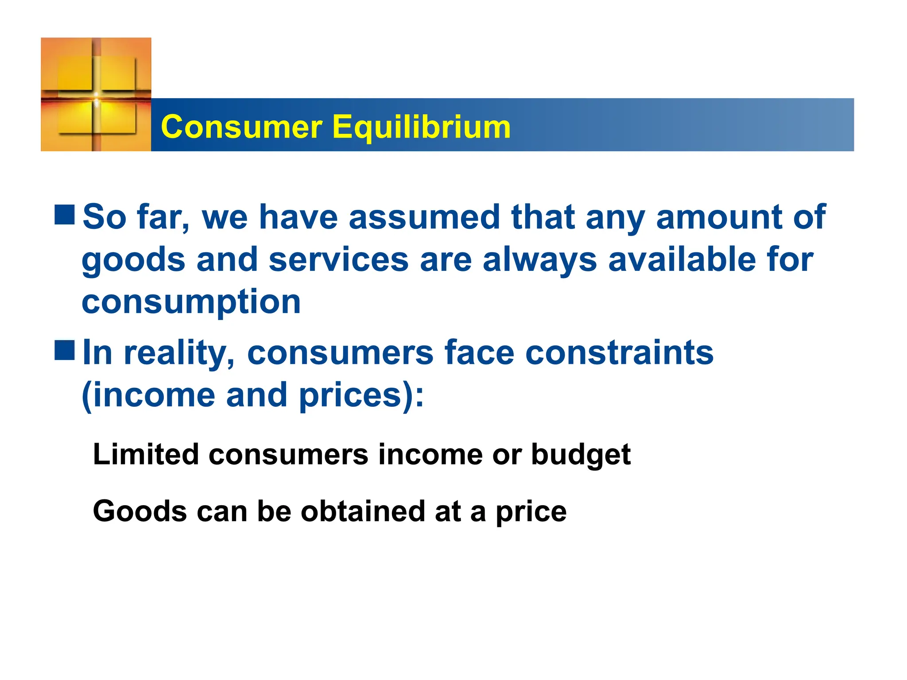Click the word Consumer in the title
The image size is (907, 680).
242,127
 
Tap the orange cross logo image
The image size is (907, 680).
96,94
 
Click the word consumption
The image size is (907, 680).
191,302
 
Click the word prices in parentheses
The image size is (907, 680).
357,395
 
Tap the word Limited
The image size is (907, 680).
146,454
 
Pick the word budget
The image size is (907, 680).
581,455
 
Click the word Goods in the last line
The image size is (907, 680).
140,511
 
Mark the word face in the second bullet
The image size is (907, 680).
480,353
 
